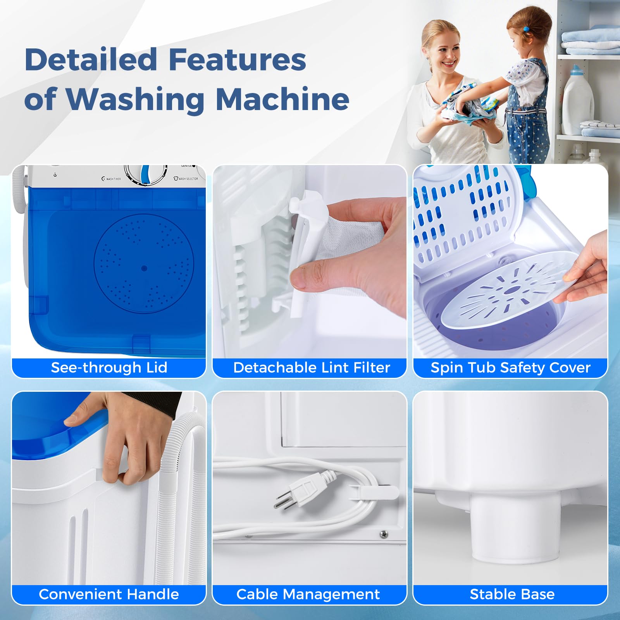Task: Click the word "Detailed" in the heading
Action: pyautogui.click(x=91, y=60)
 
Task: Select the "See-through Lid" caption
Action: pyautogui.click(x=109, y=367)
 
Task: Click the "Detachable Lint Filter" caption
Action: pyautogui.click(x=311, y=367)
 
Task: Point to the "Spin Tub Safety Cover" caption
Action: pyautogui.click(x=510, y=367)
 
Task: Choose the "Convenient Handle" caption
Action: pyautogui.click(x=109, y=594)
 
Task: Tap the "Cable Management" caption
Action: pyautogui.click(x=308, y=594)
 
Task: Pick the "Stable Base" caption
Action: pyautogui.click(x=512, y=594)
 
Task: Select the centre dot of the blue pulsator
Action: pyautogui.click(x=144, y=268)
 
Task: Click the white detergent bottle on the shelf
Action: pyautogui.click(x=578, y=101)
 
